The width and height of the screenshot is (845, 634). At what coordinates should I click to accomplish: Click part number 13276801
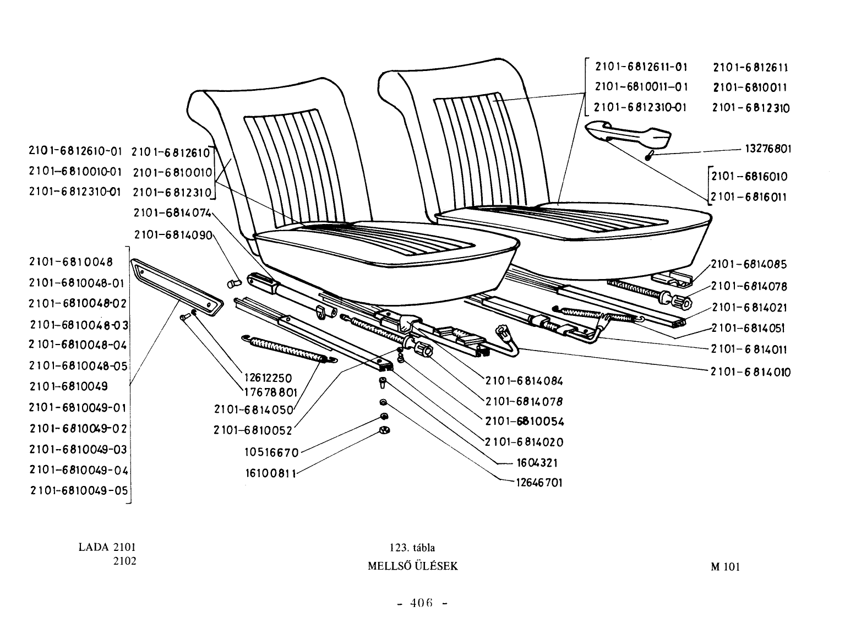[768, 149]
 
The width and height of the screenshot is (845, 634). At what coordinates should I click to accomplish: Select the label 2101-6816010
[749, 177]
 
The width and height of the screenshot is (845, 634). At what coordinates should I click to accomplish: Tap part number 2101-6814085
[749, 264]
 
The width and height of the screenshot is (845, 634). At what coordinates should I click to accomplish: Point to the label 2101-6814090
[173, 234]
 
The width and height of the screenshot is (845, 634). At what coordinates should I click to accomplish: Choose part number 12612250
[268, 378]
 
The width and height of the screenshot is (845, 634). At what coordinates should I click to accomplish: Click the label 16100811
[271, 473]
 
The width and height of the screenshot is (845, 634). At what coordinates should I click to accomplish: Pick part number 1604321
[537, 462]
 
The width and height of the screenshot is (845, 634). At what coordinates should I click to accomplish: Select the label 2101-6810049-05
[79, 490]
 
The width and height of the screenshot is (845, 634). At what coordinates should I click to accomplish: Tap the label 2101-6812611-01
[641, 67]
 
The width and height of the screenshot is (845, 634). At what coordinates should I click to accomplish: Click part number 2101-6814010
[750, 372]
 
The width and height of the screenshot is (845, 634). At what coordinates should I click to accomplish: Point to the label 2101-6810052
[253, 430]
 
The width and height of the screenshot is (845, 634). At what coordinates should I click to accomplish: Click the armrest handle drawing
[628, 135]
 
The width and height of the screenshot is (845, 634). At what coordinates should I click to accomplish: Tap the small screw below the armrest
[649, 156]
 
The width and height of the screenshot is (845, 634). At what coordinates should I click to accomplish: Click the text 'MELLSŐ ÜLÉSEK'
[413, 566]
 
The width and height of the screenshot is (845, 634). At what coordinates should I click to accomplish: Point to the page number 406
[422, 603]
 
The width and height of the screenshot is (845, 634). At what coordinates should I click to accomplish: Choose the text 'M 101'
[726, 567]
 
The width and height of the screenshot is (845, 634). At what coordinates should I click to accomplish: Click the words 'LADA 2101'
[107, 546]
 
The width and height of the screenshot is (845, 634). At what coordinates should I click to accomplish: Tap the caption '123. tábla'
[412, 547]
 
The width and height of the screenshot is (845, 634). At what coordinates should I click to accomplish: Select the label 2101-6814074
[172, 213]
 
